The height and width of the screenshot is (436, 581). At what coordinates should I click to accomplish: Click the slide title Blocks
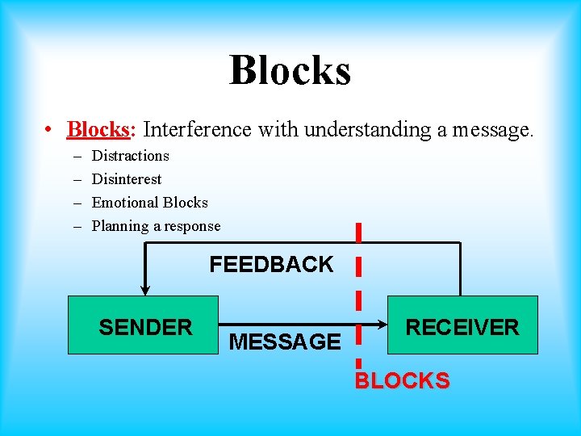pos(290,69)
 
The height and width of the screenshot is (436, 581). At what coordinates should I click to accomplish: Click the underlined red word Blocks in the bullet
pos(98,129)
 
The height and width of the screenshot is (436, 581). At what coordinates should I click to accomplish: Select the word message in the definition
pos(492,130)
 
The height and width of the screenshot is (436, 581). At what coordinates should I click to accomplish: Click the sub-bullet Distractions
pos(130,156)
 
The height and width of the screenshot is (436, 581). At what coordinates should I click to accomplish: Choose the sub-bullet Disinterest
pos(126,179)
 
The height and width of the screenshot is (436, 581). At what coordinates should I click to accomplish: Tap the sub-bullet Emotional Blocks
pos(149,203)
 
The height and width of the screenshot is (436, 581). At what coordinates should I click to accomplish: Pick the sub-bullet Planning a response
pos(156,226)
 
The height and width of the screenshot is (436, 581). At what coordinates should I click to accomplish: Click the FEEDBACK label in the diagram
pos(271,265)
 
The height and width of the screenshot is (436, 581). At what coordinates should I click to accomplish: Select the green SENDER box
pos(143,325)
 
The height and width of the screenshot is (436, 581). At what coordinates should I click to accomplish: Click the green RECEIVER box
pos(462,325)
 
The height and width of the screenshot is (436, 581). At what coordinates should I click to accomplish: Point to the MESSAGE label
pos(285,342)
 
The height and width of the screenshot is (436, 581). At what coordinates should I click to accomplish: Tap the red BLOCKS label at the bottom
pos(403,380)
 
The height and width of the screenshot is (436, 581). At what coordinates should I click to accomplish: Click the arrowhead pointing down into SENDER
pos(144,290)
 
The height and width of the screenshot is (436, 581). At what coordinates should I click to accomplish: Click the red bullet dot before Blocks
pos(50,130)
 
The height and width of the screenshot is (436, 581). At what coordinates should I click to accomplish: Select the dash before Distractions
pos(77,156)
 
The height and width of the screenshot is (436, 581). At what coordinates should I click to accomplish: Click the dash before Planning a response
pos(77,227)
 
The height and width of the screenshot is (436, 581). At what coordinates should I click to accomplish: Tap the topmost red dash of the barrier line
pos(357,232)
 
